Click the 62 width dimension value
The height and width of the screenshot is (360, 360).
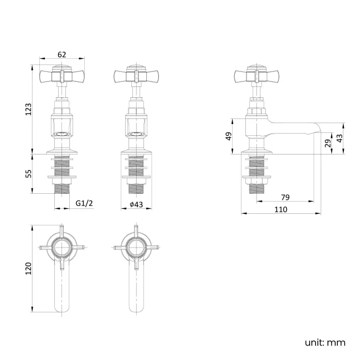61,54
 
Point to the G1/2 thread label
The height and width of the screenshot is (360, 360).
84,204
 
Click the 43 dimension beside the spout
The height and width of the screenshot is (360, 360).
340,138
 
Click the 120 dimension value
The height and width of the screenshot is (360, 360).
29,268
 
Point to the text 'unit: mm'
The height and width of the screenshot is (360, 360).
325,342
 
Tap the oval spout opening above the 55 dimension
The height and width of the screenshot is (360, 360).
61,134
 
